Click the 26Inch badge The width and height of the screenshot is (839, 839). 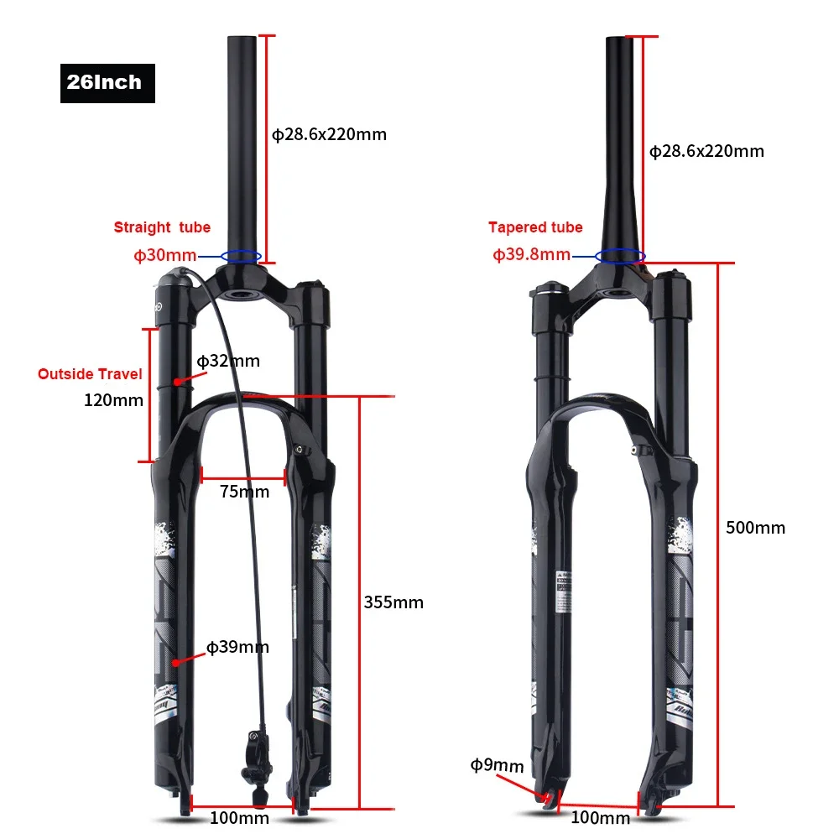(107, 82)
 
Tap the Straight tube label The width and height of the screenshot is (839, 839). (162, 227)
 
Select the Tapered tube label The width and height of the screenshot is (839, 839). (535, 227)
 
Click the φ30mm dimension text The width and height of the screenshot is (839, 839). (165, 255)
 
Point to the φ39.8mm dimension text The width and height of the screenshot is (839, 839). (531, 255)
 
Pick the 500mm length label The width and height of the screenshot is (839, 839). (755, 528)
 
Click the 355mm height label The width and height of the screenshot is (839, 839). (393, 602)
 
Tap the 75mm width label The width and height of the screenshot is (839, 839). (244, 492)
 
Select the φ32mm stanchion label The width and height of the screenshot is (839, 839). (228, 362)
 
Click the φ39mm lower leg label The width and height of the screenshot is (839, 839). (238, 647)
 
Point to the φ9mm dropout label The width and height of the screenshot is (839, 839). (497, 765)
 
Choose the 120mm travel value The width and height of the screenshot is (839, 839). (113, 400)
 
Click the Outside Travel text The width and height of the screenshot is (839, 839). (90, 374)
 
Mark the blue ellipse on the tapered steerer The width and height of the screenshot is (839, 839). (620, 255)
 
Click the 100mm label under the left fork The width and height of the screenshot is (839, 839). (239, 817)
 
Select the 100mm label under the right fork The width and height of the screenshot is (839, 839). (600, 817)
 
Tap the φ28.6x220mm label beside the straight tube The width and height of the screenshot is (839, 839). (329, 134)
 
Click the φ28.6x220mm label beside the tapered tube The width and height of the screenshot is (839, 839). (706, 151)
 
